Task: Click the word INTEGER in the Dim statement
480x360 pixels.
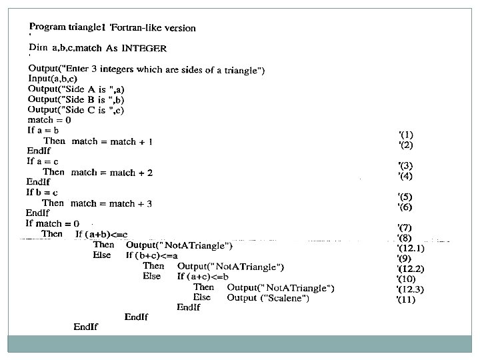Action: [144, 48]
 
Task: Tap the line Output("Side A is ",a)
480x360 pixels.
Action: [76, 89]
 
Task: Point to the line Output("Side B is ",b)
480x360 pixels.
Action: [76, 99]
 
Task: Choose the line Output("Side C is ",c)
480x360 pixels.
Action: [76, 109]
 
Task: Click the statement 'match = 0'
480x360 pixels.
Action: [49, 120]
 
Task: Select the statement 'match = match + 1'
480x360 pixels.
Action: [112, 141]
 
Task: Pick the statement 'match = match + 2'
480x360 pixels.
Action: [112, 173]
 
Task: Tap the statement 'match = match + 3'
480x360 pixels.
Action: [111, 203]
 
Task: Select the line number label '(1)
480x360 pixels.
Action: [405, 134]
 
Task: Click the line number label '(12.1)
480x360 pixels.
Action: [410, 248]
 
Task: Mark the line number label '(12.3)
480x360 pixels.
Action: [410, 289]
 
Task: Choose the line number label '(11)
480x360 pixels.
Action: [407, 299]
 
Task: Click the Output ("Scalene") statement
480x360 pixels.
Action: [267, 298]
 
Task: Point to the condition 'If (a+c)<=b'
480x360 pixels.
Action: [203, 276]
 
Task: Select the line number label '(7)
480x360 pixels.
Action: [405, 227]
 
